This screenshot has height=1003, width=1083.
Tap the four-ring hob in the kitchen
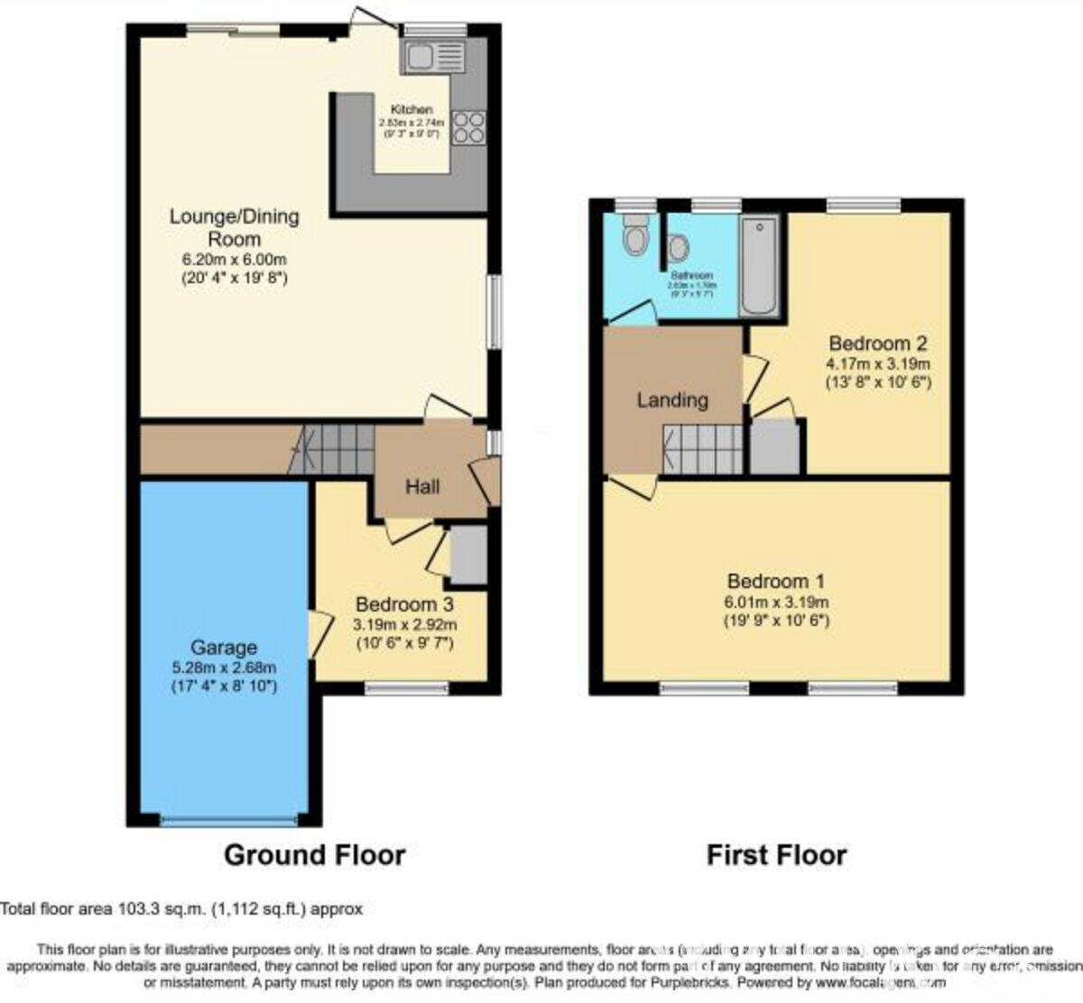[x=469, y=127]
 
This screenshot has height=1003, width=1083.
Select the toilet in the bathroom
[x=637, y=235]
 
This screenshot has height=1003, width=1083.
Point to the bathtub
[x=758, y=266]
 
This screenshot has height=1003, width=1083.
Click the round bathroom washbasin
[x=678, y=246]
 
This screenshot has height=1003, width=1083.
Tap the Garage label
[x=223, y=648]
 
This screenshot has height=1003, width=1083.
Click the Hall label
[x=422, y=487]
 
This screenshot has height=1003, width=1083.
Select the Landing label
[x=672, y=400]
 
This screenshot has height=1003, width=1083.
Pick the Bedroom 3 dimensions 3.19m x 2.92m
[x=404, y=624]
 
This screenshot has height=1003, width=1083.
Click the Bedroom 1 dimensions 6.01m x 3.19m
[x=776, y=603]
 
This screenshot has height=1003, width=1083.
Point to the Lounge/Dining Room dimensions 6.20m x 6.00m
[x=234, y=260]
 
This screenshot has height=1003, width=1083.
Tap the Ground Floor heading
[x=314, y=854]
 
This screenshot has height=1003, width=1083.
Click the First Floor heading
[x=776, y=854]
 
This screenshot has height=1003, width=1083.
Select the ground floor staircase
[x=333, y=448]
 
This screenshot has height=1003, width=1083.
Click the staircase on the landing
[x=701, y=448]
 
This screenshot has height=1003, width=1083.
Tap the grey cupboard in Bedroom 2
[x=776, y=446]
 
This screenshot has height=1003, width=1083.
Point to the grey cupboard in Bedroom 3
[x=468, y=554]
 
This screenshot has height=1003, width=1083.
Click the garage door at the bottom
[x=228, y=821]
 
